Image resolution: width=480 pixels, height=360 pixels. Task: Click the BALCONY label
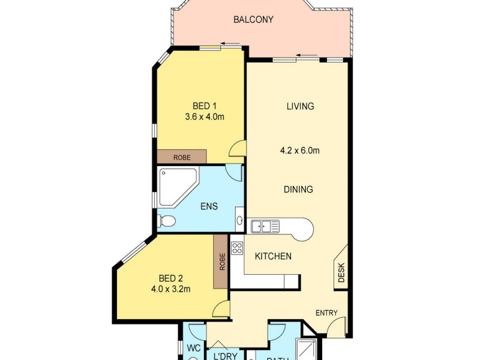point(253,20)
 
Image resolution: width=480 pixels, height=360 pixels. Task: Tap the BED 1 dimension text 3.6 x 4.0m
point(205,117)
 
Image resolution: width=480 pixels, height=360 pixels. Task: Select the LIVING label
point(300,107)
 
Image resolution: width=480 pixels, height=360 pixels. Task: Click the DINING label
point(298,190)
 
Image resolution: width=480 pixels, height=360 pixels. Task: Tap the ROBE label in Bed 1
point(182,157)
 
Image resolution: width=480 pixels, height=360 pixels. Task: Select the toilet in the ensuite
point(167,222)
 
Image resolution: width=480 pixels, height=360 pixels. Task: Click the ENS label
point(209,206)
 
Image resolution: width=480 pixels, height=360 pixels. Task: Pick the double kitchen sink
point(265,226)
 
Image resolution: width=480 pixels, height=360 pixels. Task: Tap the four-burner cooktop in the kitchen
point(237,247)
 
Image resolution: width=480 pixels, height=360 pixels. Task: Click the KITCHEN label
point(273,256)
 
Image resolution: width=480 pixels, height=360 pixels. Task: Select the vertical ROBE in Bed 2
point(221,262)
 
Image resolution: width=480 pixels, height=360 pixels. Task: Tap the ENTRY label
point(327,313)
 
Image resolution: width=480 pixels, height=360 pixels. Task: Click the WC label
point(193,348)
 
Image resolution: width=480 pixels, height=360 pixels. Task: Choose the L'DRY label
point(226,356)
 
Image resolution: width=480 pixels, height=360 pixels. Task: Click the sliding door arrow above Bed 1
point(230,43)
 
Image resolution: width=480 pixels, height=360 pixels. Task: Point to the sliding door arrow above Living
point(307,55)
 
